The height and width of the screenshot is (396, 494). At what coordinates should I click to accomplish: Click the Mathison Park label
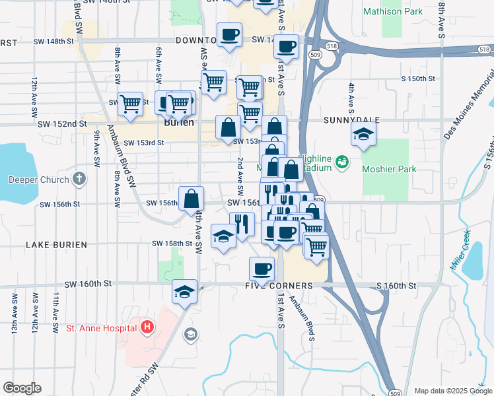(x=392, y=11)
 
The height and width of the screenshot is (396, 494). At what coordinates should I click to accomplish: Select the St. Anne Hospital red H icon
(x=147, y=326)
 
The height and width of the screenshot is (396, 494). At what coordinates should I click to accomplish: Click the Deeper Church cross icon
(x=79, y=179)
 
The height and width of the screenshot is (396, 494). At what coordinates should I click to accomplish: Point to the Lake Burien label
(x=56, y=244)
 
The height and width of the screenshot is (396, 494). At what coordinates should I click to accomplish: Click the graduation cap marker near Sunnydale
(x=363, y=137)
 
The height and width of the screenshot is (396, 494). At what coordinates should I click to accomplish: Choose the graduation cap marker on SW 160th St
(x=185, y=291)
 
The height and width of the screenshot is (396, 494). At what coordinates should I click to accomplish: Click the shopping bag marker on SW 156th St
(x=191, y=199)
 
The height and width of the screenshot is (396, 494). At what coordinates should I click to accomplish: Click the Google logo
(x=21, y=388)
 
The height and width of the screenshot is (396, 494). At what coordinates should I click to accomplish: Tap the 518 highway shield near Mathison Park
(x=332, y=46)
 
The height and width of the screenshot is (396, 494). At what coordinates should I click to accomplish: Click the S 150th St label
(x=420, y=79)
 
